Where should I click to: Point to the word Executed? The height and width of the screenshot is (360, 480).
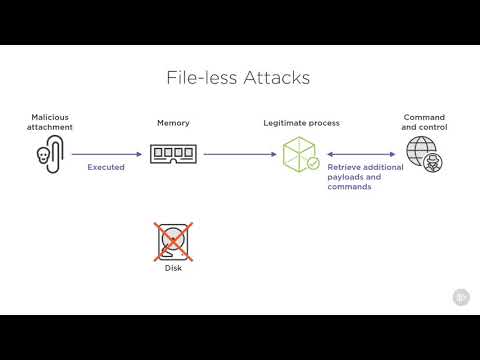[106, 167]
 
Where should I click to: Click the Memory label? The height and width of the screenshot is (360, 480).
[173, 123]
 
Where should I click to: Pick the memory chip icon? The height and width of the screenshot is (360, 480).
[173, 154]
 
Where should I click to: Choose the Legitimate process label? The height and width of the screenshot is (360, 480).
[301, 123]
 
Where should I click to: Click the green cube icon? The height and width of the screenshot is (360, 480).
[298, 154]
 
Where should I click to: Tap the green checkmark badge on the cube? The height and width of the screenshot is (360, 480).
[313, 163]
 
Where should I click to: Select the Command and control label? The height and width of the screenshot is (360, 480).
[423, 122]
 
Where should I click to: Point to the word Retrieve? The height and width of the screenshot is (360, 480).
[344, 167]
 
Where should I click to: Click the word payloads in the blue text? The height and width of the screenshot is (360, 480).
[345, 177]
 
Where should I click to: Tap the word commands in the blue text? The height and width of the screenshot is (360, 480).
[349, 187]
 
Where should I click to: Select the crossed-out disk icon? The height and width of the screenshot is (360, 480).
[173, 242]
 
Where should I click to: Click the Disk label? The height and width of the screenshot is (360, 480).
[173, 268]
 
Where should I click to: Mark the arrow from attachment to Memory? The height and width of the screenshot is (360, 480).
[106, 154]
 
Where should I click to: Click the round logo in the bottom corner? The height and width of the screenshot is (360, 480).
[461, 297]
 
